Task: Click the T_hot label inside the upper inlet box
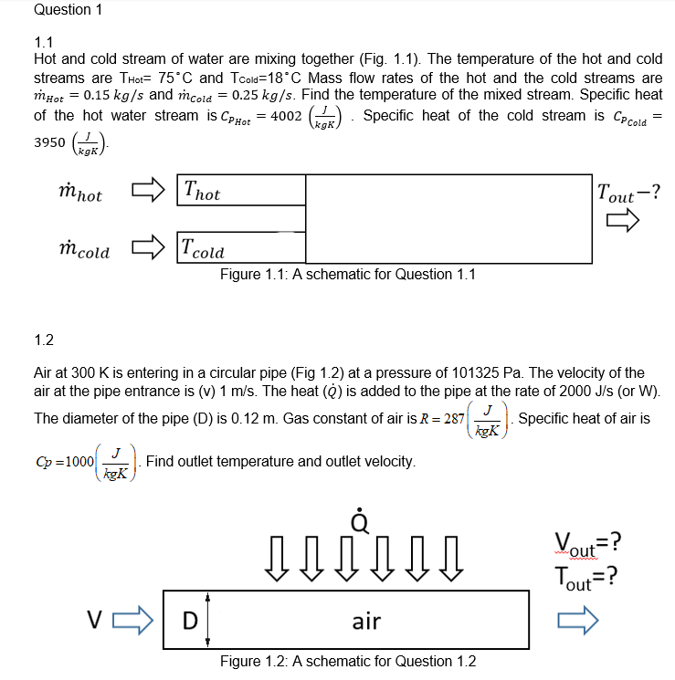[x=201, y=192]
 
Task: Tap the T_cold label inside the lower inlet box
[x=203, y=247]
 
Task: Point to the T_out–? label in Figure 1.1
[x=628, y=194]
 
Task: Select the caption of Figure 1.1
[x=347, y=274]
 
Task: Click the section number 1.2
[x=44, y=340]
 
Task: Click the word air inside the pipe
[x=366, y=622]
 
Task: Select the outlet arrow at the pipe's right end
[x=577, y=622]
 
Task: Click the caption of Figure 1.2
[x=347, y=661]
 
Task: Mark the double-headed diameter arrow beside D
[x=209, y=621]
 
